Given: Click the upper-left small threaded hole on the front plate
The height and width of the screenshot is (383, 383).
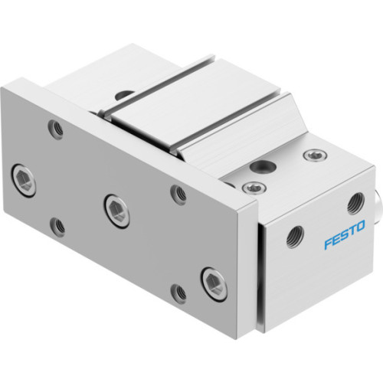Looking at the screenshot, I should (55, 129).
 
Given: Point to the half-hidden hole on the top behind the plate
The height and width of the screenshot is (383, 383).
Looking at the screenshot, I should (122, 97).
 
